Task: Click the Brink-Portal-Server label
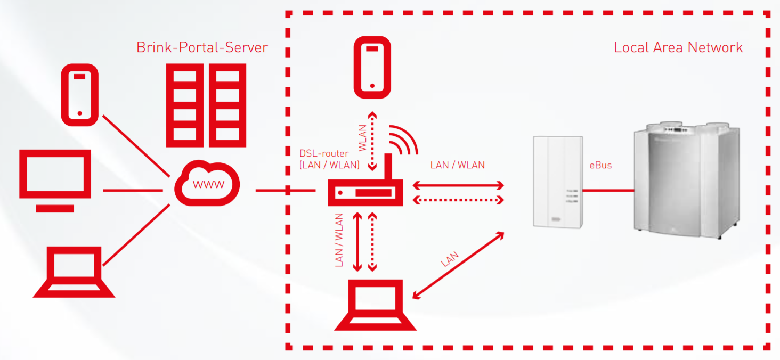click(202, 47)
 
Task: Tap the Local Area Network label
click(678, 47)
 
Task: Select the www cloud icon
click(207, 184)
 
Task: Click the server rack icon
click(206, 105)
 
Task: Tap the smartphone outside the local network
click(80, 95)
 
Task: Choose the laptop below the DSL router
click(375, 305)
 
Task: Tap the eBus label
click(600, 165)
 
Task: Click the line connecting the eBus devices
click(607, 190)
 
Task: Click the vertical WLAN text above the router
click(363, 137)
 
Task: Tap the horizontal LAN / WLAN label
click(457, 165)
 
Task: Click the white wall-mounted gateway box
click(558, 182)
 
